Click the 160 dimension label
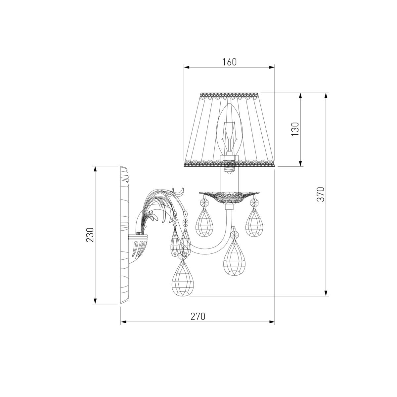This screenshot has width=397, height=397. click(x=229, y=62)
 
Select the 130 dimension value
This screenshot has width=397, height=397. click(x=295, y=129)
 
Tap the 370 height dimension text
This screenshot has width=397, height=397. click(x=321, y=194)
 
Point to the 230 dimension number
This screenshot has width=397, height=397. click(x=90, y=235)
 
